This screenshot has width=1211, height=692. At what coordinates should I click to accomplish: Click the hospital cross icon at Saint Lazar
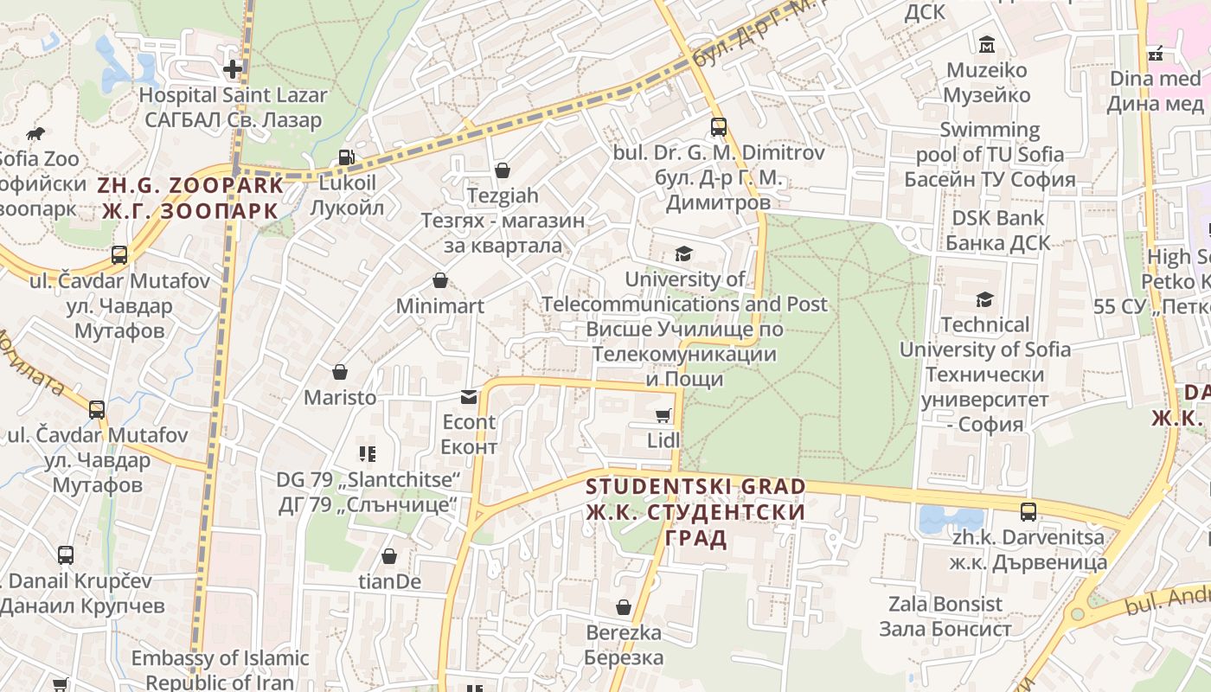[x=233, y=68]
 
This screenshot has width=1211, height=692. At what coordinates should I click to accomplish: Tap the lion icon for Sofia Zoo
[x=35, y=134]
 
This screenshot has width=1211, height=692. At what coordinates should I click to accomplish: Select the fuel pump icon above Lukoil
[x=346, y=157]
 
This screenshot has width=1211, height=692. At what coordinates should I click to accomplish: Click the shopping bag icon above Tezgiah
[x=503, y=170]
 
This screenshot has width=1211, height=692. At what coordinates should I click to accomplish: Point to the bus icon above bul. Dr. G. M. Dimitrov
[x=719, y=127]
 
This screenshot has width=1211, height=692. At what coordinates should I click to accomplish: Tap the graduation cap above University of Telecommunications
[x=684, y=253]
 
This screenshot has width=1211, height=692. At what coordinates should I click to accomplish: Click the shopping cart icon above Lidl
[x=663, y=416]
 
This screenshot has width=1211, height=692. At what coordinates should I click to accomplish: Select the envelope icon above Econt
[x=469, y=397]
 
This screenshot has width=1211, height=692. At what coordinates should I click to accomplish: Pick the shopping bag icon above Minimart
[x=440, y=280]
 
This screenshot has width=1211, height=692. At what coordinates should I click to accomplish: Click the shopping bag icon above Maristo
[x=340, y=372]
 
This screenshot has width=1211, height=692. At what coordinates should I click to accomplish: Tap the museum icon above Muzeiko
[x=986, y=44]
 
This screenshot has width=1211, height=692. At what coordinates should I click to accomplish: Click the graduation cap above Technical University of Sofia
[x=984, y=299]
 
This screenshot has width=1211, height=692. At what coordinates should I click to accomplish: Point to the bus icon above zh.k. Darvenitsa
[x=1028, y=511]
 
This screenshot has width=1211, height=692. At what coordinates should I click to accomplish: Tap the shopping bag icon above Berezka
[x=624, y=607]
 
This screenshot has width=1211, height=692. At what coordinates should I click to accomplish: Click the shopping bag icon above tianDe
[x=389, y=556]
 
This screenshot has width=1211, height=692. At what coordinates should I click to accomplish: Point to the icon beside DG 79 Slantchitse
[x=367, y=453]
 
